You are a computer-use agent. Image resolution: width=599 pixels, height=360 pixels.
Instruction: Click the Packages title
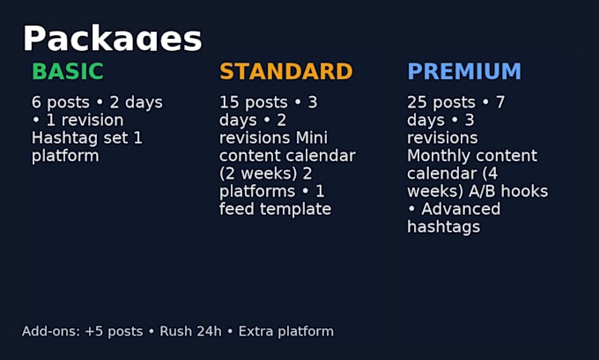pyautogui.click(x=113, y=39)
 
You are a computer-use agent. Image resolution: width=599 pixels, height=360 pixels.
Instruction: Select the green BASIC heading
pyautogui.click(x=68, y=71)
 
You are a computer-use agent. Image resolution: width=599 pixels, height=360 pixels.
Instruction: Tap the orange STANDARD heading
pyautogui.click(x=286, y=71)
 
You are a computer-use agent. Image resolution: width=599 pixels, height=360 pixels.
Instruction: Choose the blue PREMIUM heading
pyautogui.click(x=464, y=71)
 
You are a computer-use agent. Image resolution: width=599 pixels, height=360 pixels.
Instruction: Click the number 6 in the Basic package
pyautogui.click(x=36, y=102)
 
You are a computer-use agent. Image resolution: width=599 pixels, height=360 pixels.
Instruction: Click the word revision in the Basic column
pyautogui.click(x=92, y=121)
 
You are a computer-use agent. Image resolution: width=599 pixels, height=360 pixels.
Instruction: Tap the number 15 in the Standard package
pyautogui.click(x=229, y=102)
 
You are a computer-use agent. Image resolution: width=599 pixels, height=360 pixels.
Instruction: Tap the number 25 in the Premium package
pyautogui.click(x=417, y=102)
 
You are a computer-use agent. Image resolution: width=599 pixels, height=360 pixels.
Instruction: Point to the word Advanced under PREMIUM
pyautogui.click(x=461, y=209)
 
